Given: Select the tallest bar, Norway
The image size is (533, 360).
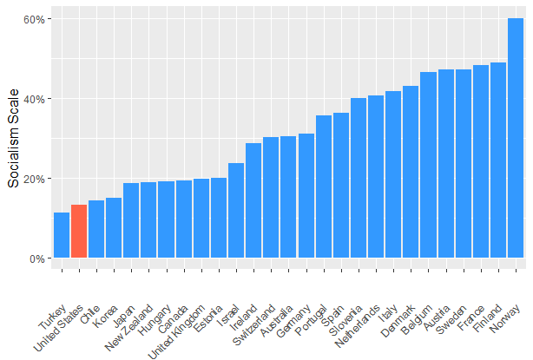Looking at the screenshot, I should [x=516, y=139].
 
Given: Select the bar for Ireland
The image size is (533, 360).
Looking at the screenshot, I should [x=253, y=200].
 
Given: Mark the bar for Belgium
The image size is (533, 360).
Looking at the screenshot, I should [x=428, y=165].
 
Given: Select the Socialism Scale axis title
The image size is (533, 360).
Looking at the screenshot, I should [x=13, y=139].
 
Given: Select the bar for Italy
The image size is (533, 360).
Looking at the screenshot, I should [x=393, y=174].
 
